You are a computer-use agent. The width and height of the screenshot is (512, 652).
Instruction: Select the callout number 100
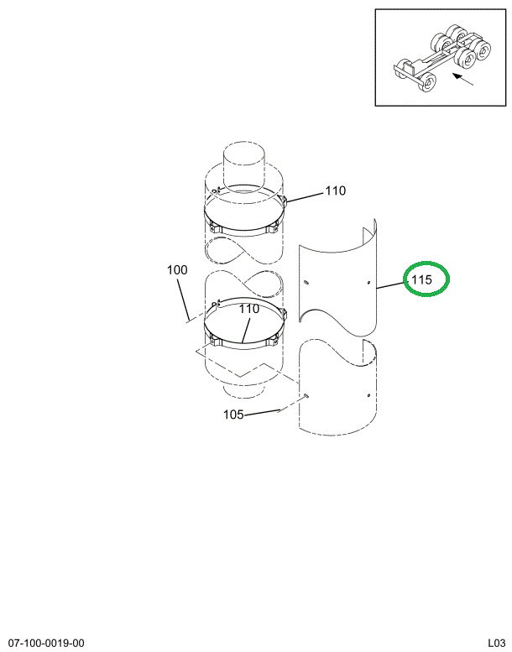pyautogui.click(x=177, y=270)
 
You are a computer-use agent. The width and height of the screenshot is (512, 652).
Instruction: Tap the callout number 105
pyautogui.click(x=233, y=414)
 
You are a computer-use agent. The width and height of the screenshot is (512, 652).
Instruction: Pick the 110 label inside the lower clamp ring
pyautogui.click(x=248, y=309)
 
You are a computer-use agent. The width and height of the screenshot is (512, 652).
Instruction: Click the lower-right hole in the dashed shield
pyautogui.click(x=368, y=394)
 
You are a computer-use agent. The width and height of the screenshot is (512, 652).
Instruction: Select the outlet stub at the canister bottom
pyautogui.click(x=243, y=389)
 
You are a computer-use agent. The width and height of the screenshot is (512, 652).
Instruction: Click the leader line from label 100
pyautogui.click(x=182, y=298)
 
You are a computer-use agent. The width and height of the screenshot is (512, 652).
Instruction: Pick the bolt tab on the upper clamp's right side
pyautogui.click(x=285, y=201)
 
